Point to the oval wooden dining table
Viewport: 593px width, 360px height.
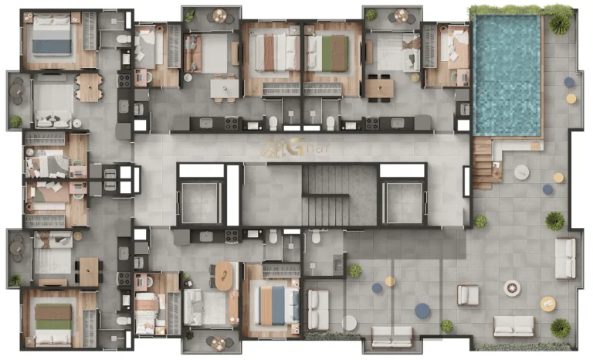[223, 275]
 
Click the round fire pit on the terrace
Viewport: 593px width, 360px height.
[512, 288]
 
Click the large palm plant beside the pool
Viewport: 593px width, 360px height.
[560, 24]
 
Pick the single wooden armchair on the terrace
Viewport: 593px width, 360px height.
[468, 294]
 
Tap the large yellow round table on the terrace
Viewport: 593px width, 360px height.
[547, 304]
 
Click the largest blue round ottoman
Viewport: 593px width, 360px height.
[422, 311]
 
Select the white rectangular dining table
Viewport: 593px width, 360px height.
[225, 89]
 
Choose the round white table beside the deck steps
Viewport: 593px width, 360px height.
[522, 171]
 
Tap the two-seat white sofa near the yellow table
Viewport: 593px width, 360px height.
[514, 325]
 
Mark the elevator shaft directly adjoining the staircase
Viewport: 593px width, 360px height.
[404, 200]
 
